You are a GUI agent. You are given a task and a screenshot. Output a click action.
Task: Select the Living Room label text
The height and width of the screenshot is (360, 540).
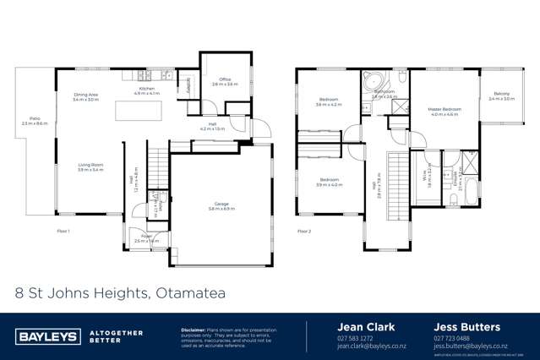coord(90,167)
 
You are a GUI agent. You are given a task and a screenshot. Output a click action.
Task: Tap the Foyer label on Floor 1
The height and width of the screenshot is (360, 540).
coord(146,238)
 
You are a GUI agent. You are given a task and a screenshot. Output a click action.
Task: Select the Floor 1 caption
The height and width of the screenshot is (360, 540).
coord(63,231)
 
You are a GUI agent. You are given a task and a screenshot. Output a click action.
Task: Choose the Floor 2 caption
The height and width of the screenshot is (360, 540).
coord(304,231)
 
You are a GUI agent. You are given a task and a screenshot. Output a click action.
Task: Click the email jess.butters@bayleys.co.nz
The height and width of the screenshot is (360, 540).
coord(470,346)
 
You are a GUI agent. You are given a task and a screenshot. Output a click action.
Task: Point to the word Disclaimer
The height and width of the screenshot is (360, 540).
coord(196,329)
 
